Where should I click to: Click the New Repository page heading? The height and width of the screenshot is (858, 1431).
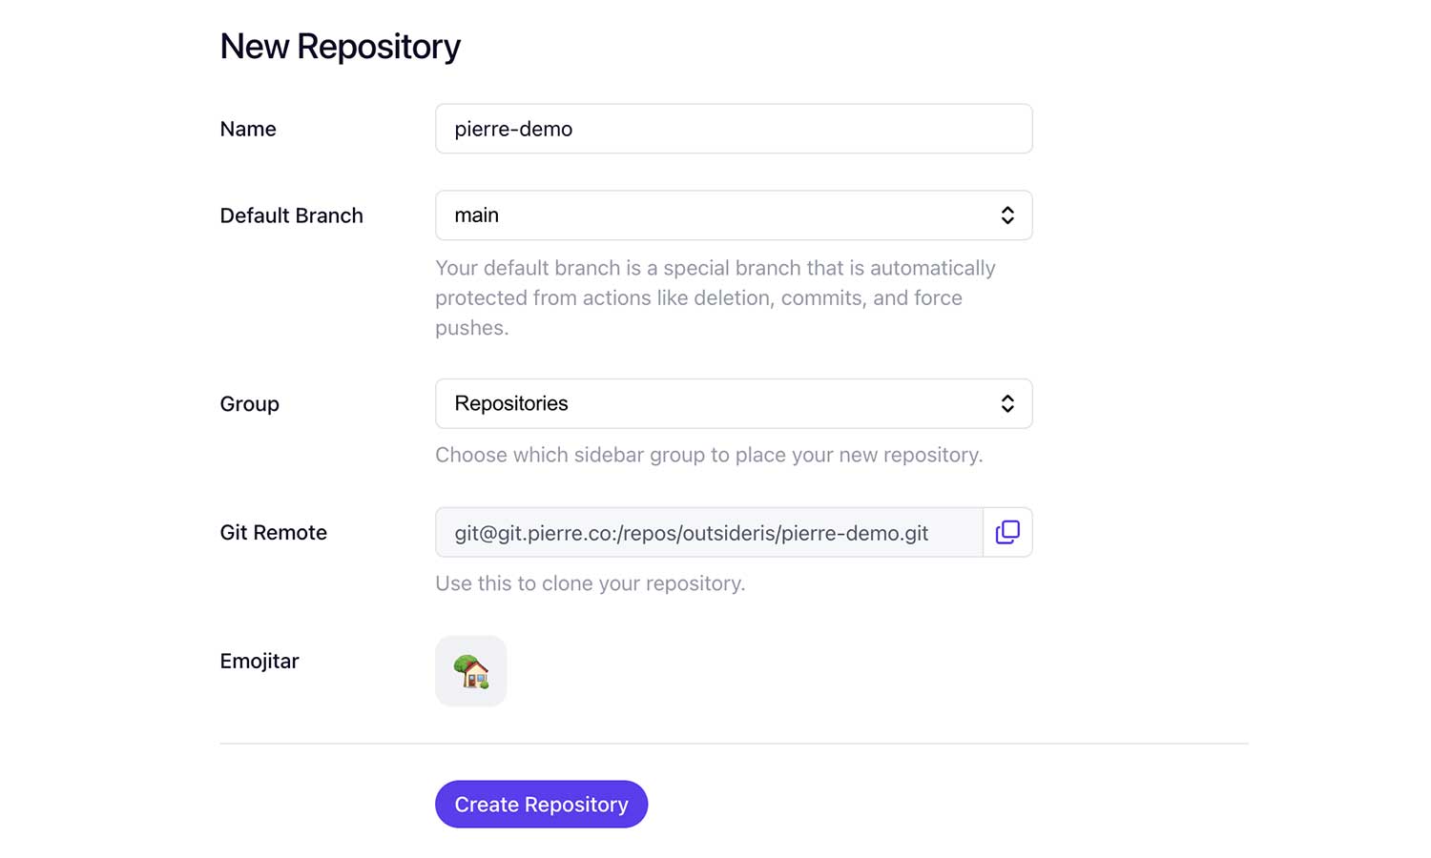(x=340, y=47)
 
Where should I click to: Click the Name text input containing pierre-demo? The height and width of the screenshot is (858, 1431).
(x=734, y=129)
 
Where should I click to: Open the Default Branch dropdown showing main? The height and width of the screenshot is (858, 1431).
(x=734, y=215)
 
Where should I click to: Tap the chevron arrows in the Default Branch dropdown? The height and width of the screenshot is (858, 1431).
(x=1007, y=215)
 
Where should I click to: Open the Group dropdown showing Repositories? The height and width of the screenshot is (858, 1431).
(x=734, y=403)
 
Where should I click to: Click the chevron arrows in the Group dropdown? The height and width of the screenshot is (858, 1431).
(x=1007, y=403)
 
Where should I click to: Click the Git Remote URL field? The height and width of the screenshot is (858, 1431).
(x=709, y=532)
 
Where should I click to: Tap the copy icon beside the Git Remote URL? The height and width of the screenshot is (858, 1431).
(x=1007, y=532)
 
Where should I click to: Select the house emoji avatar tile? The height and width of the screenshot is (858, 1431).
(x=471, y=671)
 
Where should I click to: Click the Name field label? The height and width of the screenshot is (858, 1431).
(x=248, y=129)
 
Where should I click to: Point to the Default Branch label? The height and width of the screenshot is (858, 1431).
(x=291, y=215)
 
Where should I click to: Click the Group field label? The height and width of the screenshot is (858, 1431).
(x=249, y=404)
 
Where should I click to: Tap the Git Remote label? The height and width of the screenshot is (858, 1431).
(x=274, y=532)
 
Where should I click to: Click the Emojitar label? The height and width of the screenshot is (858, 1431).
(x=259, y=662)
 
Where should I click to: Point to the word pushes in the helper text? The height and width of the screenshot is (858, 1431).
(x=472, y=328)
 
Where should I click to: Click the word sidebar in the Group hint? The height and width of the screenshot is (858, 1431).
(x=609, y=455)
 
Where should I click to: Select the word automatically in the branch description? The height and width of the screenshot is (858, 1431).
(x=933, y=268)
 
